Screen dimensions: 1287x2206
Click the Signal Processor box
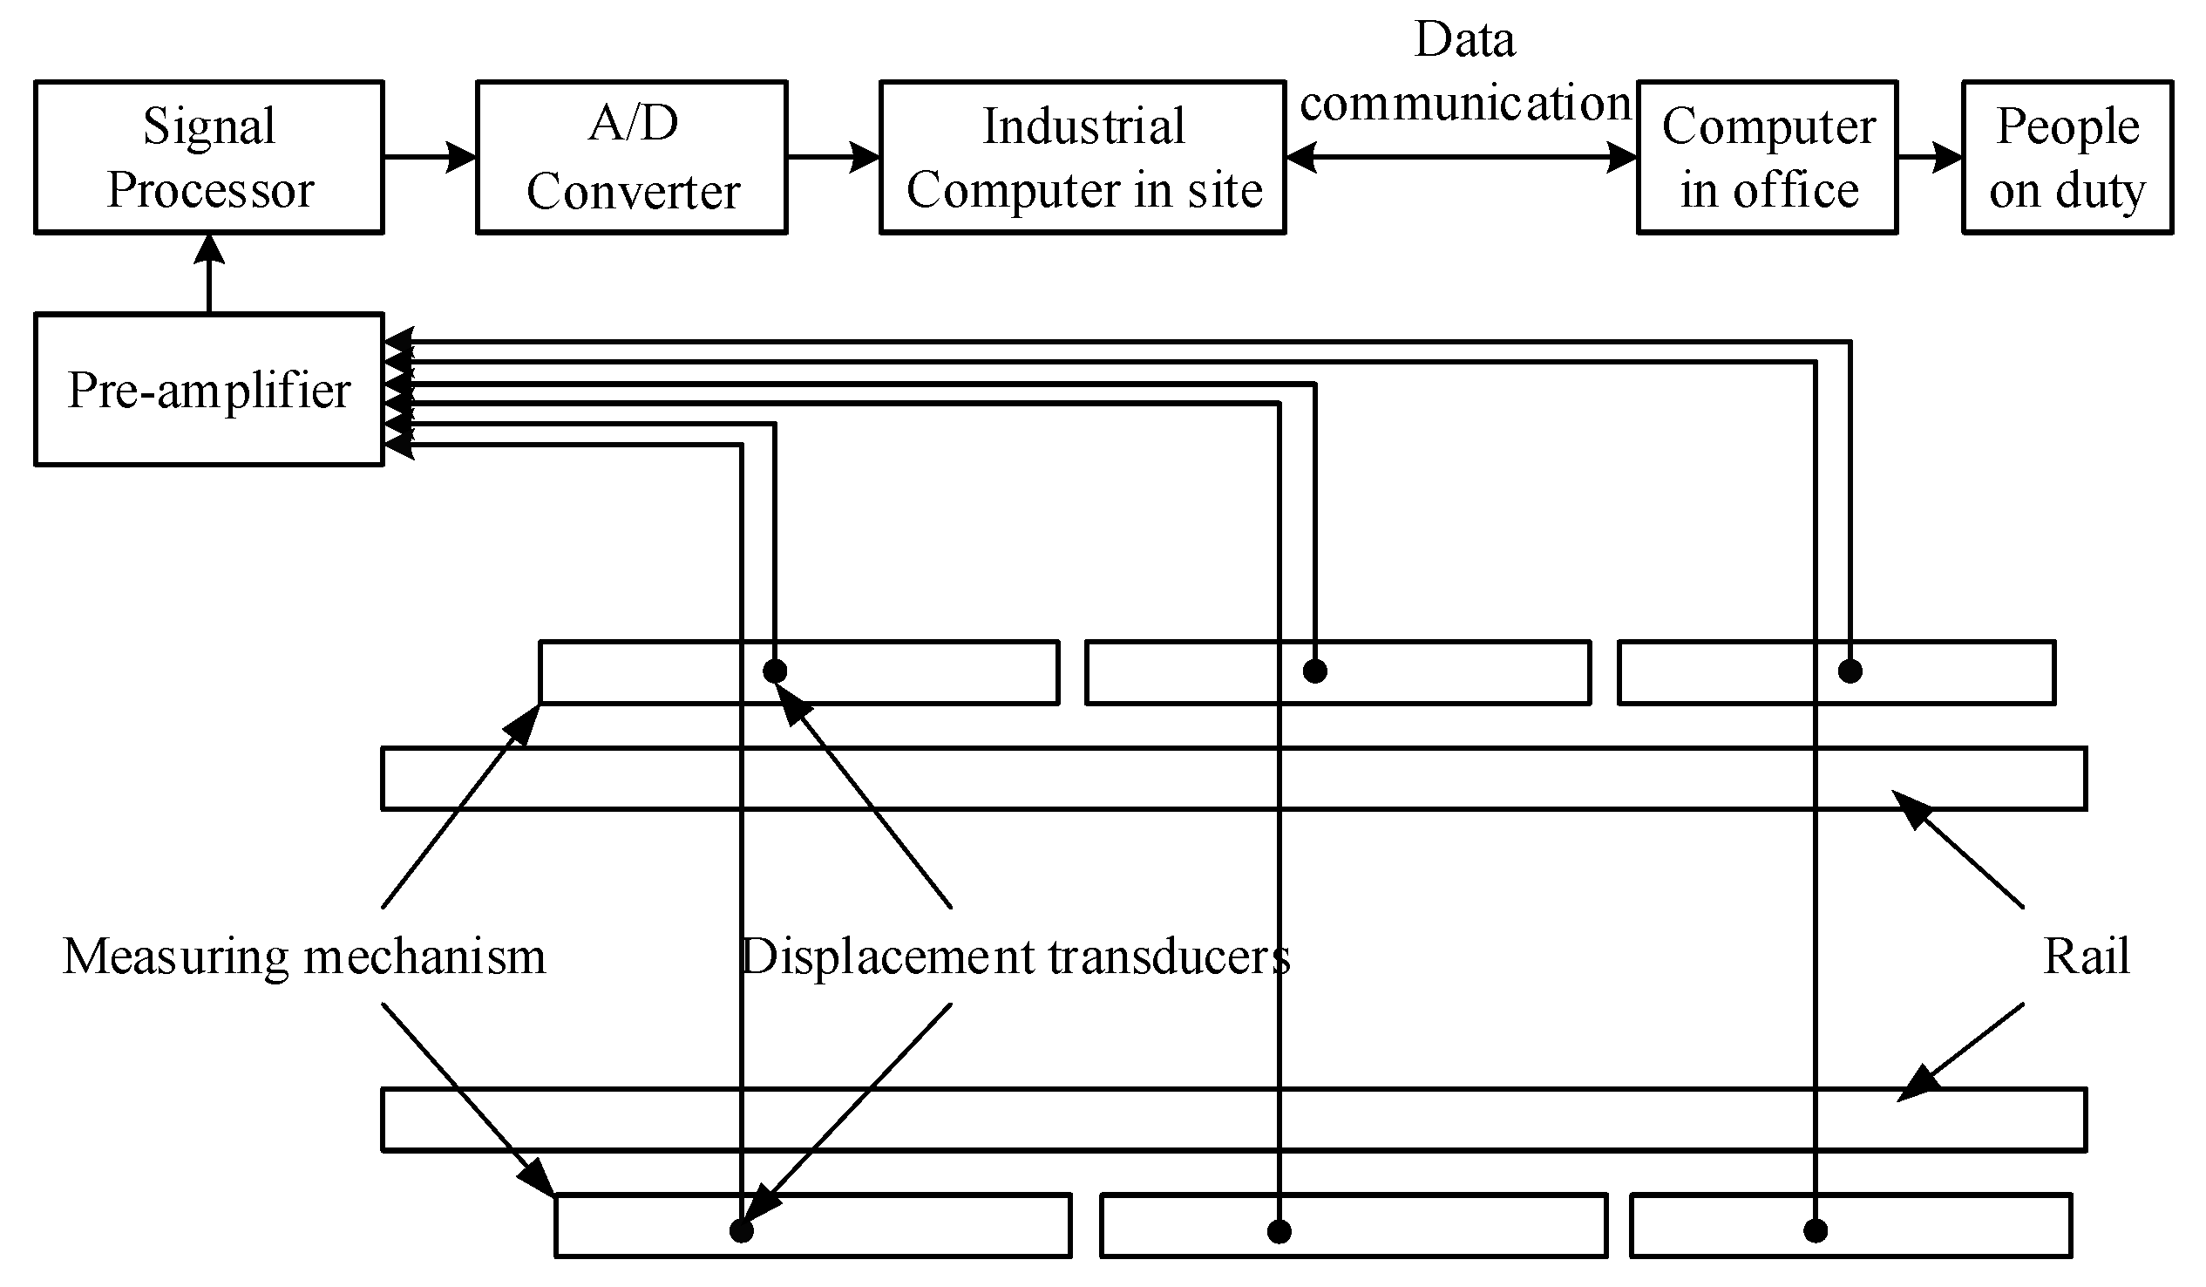[x=208, y=158]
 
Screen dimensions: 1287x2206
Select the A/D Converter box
[x=631, y=158]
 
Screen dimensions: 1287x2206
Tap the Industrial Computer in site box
[x=1082, y=158]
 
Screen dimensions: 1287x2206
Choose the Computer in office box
[x=1767, y=158]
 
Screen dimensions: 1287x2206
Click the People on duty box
[x=2066, y=158]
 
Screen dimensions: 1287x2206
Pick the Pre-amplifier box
[x=208, y=390]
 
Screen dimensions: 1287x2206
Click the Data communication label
[x=1463, y=71]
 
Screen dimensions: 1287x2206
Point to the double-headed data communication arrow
[x=1460, y=158]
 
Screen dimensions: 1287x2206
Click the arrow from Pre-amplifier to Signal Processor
[x=208, y=273]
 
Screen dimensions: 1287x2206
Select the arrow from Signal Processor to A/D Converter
[x=429, y=158]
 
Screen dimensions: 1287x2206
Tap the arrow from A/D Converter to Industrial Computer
[x=832, y=158]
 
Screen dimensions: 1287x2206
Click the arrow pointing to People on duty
[x=1929, y=158]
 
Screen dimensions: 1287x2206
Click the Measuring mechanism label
[x=304, y=956]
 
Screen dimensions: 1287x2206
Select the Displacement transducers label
[x=1015, y=956]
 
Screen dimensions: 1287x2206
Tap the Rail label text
[x=2085, y=956]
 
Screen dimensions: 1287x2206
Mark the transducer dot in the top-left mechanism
[x=774, y=671]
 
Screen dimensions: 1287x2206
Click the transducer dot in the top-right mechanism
[x=1850, y=671]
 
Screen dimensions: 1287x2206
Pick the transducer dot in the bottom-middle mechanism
[x=1279, y=1232]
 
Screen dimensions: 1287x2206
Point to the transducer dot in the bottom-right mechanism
[x=1816, y=1231]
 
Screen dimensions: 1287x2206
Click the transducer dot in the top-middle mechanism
[x=1315, y=671]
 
